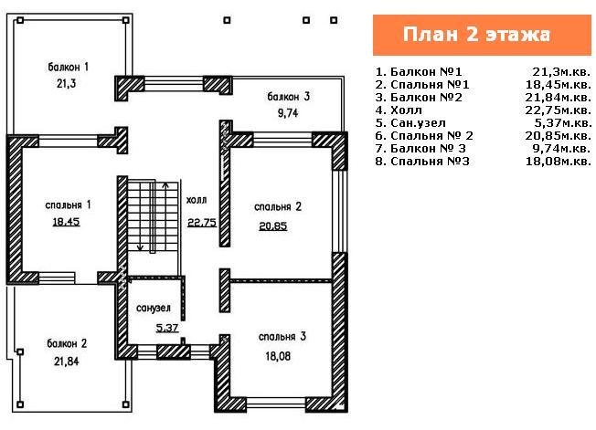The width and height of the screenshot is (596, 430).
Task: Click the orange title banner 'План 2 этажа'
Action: tap(482, 35)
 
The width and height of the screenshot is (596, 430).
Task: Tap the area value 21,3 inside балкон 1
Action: tap(67, 83)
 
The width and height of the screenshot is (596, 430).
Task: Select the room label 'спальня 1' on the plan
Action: tap(68, 205)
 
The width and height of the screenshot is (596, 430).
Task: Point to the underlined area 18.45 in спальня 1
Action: tap(66, 221)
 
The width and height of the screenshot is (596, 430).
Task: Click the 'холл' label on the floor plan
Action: tap(197, 200)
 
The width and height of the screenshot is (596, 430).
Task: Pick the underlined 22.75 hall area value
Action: tap(202, 223)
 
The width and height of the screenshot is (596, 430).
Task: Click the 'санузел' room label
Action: tap(154, 309)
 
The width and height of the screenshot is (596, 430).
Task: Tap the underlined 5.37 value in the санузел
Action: tap(167, 328)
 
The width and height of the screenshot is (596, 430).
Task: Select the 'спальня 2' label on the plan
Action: tap(278, 207)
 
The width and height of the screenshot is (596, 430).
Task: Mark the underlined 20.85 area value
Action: tap(273, 226)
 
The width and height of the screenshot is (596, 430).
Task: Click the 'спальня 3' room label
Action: tap(282, 337)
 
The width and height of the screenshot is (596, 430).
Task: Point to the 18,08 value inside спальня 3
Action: tap(278, 356)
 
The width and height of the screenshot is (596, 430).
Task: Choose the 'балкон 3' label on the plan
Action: tap(289, 97)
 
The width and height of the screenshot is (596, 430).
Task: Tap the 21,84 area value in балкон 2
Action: tap(67, 361)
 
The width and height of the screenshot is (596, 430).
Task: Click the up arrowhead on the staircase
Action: tap(165, 185)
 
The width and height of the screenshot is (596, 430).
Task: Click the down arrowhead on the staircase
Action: tap(140, 247)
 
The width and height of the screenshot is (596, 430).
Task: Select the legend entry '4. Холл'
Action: tap(399, 110)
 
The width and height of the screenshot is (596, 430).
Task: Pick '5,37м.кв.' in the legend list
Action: tap(563, 123)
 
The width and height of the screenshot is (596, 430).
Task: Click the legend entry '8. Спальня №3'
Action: tap(422, 162)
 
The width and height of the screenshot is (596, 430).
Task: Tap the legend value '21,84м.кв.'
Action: tap(559, 98)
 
